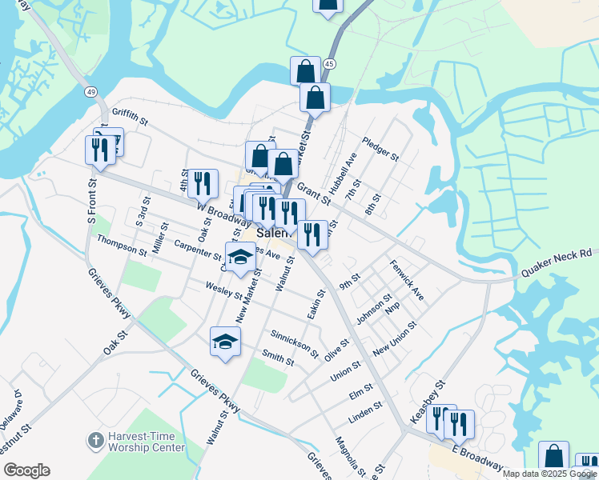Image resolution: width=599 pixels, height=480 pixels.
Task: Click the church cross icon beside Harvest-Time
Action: tap(95, 440)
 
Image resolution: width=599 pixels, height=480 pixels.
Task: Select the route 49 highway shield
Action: tap(91, 93)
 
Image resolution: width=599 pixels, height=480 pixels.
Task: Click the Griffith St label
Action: tap(131, 118)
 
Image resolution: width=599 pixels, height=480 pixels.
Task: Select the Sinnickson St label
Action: tap(295, 342)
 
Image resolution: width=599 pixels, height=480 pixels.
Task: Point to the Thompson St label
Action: tap(121, 246)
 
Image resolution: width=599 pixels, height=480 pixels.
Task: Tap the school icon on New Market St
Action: tap(239, 258)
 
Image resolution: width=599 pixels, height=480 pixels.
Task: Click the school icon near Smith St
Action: tap(226, 342)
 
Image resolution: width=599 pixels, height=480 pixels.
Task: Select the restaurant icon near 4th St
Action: tap(203, 182)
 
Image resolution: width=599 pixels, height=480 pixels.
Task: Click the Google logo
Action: tap(26, 470)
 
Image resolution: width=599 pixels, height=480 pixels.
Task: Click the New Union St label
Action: tap(394, 340)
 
